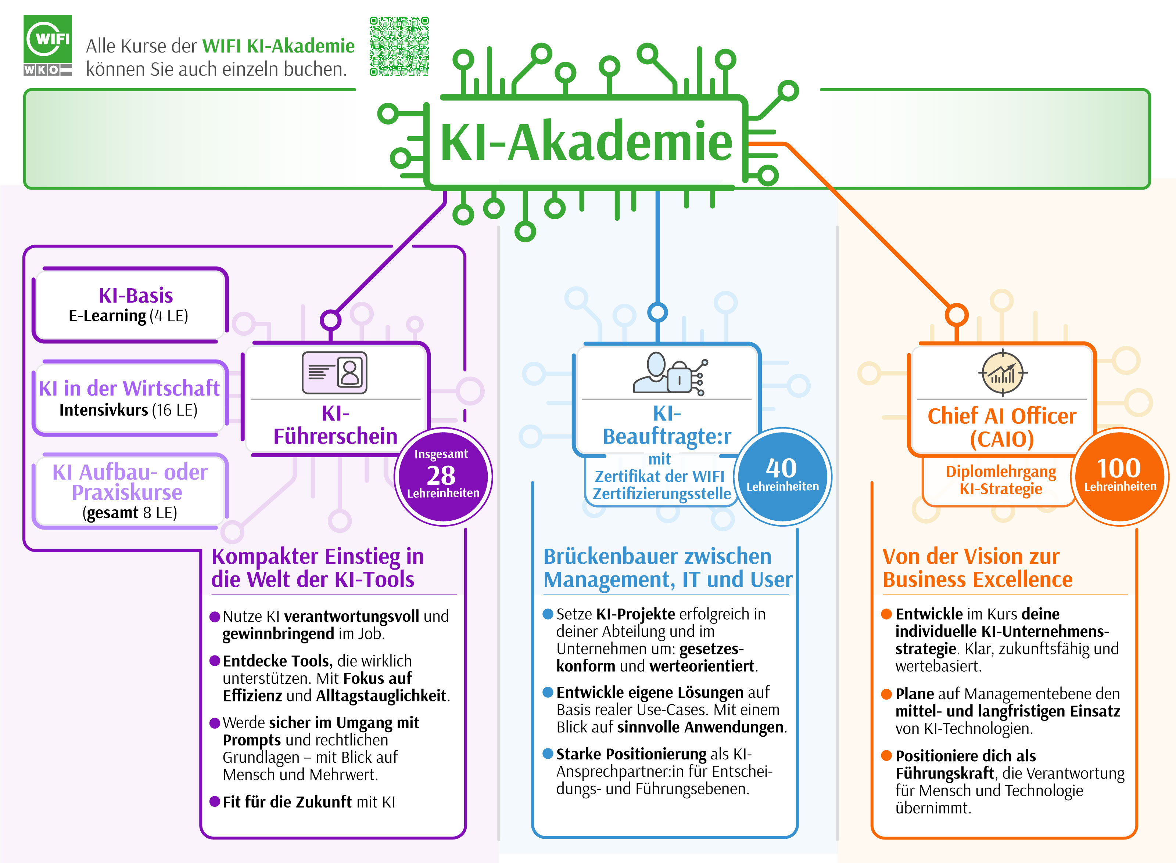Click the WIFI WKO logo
pyautogui.click(x=47, y=46)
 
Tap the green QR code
pyautogui.click(x=399, y=46)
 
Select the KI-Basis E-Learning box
pyautogui.click(x=130, y=305)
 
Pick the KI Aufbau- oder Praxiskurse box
pyautogui.click(x=130, y=491)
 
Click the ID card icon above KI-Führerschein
pyautogui.click(x=334, y=372)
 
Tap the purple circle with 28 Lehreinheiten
pyautogui.click(x=443, y=476)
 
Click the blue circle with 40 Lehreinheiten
pyautogui.click(x=782, y=476)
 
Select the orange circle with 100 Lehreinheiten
pyautogui.click(x=1119, y=476)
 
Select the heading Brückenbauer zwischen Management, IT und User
pyautogui.click(x=667, y=568)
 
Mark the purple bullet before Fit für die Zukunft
pyautogui.click(x=214, y=801)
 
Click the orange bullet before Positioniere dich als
pyautogui.click(x=886, y=755)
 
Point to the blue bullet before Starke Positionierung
pyautogui.click(x=548, y=753)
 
